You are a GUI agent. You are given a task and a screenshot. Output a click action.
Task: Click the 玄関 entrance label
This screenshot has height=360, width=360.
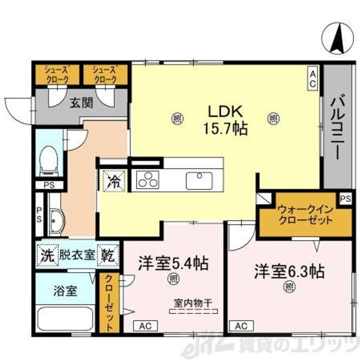(80, 103)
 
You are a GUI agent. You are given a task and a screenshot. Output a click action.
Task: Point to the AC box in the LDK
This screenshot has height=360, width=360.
(313, 79)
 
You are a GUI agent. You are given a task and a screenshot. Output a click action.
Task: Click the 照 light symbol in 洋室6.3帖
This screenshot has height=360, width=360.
(289, 286)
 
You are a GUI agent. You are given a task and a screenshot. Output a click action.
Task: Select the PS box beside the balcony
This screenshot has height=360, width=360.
(345, 198)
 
